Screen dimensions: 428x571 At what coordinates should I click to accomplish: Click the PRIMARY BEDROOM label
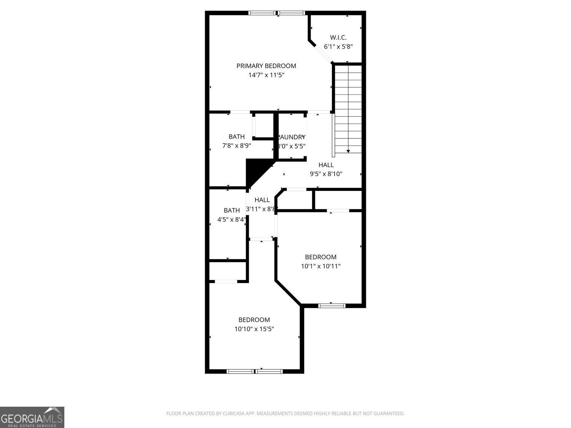266,66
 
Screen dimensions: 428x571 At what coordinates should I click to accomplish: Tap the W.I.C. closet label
338,37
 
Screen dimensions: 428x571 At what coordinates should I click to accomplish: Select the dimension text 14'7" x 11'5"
266,75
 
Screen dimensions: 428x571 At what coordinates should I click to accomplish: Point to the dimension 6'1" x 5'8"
338,47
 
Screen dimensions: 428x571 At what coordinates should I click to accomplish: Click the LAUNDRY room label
292,137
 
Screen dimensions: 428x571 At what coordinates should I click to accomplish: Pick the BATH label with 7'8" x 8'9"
236,137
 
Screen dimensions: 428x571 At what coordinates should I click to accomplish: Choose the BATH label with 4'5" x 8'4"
231,210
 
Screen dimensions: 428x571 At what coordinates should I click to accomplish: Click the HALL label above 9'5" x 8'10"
326,165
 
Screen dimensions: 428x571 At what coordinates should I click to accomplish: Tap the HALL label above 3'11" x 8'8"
262,200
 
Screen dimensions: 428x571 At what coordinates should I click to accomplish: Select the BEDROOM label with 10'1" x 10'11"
321,257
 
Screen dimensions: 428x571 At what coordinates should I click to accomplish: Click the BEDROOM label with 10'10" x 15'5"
254,320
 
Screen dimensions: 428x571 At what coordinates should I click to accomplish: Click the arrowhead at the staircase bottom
348,151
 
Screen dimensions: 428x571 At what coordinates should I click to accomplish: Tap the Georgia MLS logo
32,417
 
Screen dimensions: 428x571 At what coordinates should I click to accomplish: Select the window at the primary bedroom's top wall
276,13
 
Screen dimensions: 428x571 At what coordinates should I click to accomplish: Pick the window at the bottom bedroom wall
254,371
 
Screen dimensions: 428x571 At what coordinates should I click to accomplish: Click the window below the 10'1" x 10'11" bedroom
332,305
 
